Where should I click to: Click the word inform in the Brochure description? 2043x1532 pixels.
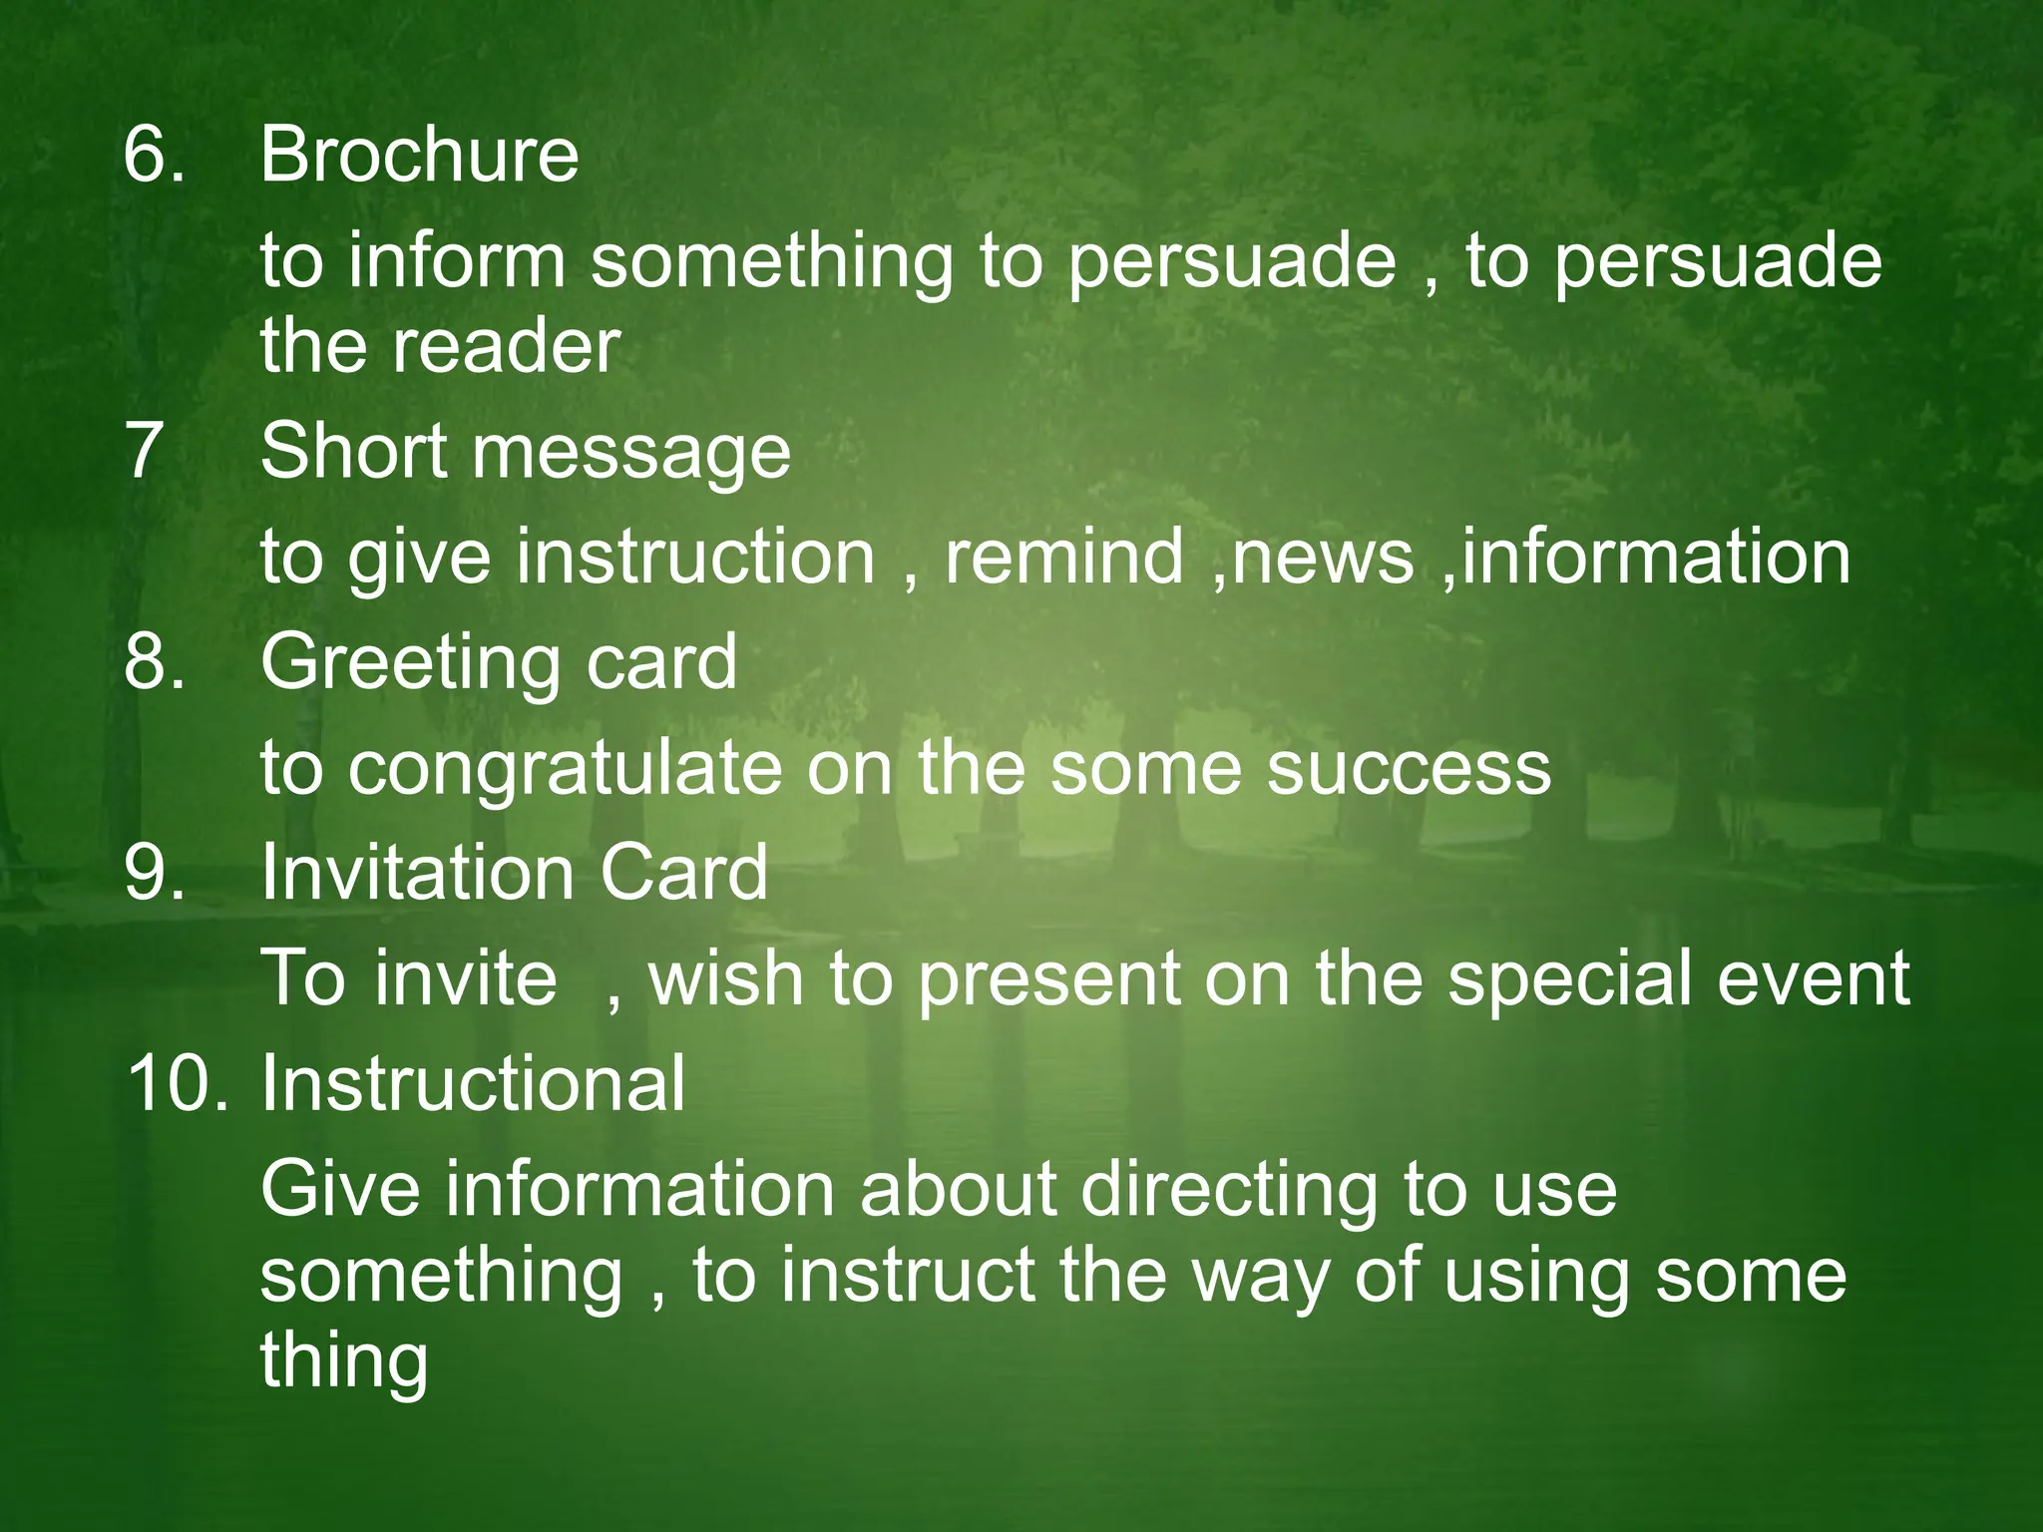click(x=456, y=260)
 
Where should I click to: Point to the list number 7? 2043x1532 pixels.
click(x=145, y=450)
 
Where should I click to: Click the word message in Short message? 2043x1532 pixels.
click(x=630, y=454)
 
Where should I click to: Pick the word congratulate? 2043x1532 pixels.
click(x=565, y=770)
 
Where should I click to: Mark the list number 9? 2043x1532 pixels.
click(x=153, y=873)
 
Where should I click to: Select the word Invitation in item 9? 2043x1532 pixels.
click(x=417, y=873)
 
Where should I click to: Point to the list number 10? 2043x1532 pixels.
click(x=177, y=1084)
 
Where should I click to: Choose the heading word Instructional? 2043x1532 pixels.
click(x=473, y=1084)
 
